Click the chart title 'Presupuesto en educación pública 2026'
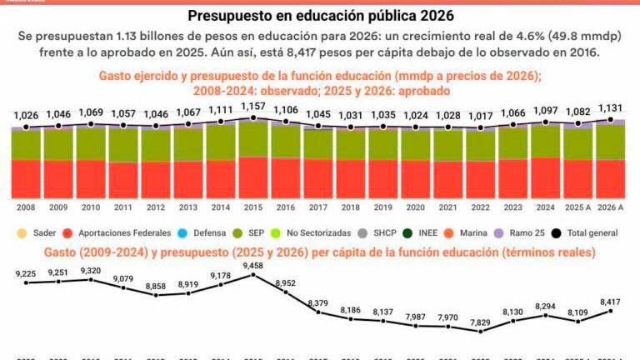click(x=319, y=16)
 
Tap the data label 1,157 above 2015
click(x=253, y=107)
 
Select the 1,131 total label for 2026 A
click(x=612, y=107)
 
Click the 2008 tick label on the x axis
click(x=27, y=207)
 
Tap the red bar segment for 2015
click(x=253, y=177)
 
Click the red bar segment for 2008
click(x=27, y=178)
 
